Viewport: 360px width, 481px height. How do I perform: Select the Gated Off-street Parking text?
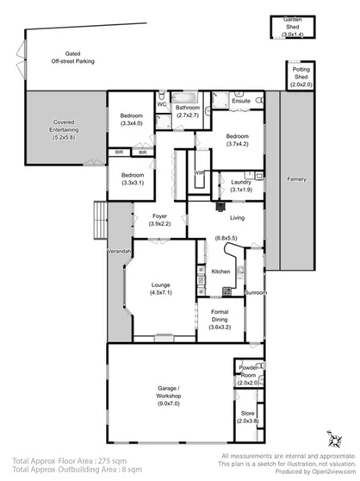pos(72,57)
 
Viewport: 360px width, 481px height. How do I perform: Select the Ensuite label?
pos(242,101)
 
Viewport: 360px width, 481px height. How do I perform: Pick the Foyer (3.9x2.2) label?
pos(160,220)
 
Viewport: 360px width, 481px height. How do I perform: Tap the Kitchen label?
pos(220,272)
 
